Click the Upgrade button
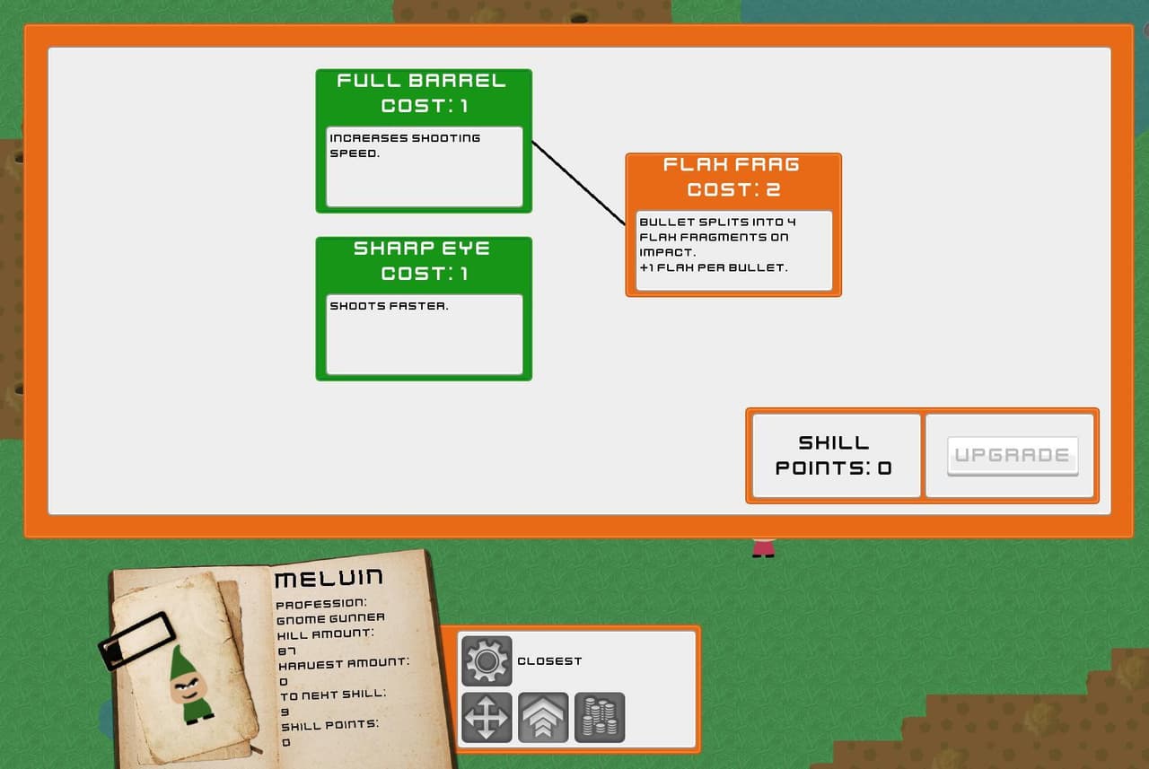[1013, 455]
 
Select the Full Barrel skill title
[421, 81]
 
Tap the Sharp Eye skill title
[421, 249]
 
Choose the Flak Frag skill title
[731, 164]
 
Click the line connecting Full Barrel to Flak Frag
[579, 182]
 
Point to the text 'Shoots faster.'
[389, 306]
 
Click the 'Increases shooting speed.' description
[405, 145]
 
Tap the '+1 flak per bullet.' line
[713, 267]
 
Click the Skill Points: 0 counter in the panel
[834, 455]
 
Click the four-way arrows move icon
[487, 717]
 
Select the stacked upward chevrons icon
[543, 717]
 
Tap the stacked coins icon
[600, 717]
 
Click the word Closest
[549, 661]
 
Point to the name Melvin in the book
[329, 578]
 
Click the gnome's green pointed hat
[182, 662]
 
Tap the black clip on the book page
[136, 641]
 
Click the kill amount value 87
[286, 651]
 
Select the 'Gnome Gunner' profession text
[330, 619]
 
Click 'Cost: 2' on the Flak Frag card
[733, 189]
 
